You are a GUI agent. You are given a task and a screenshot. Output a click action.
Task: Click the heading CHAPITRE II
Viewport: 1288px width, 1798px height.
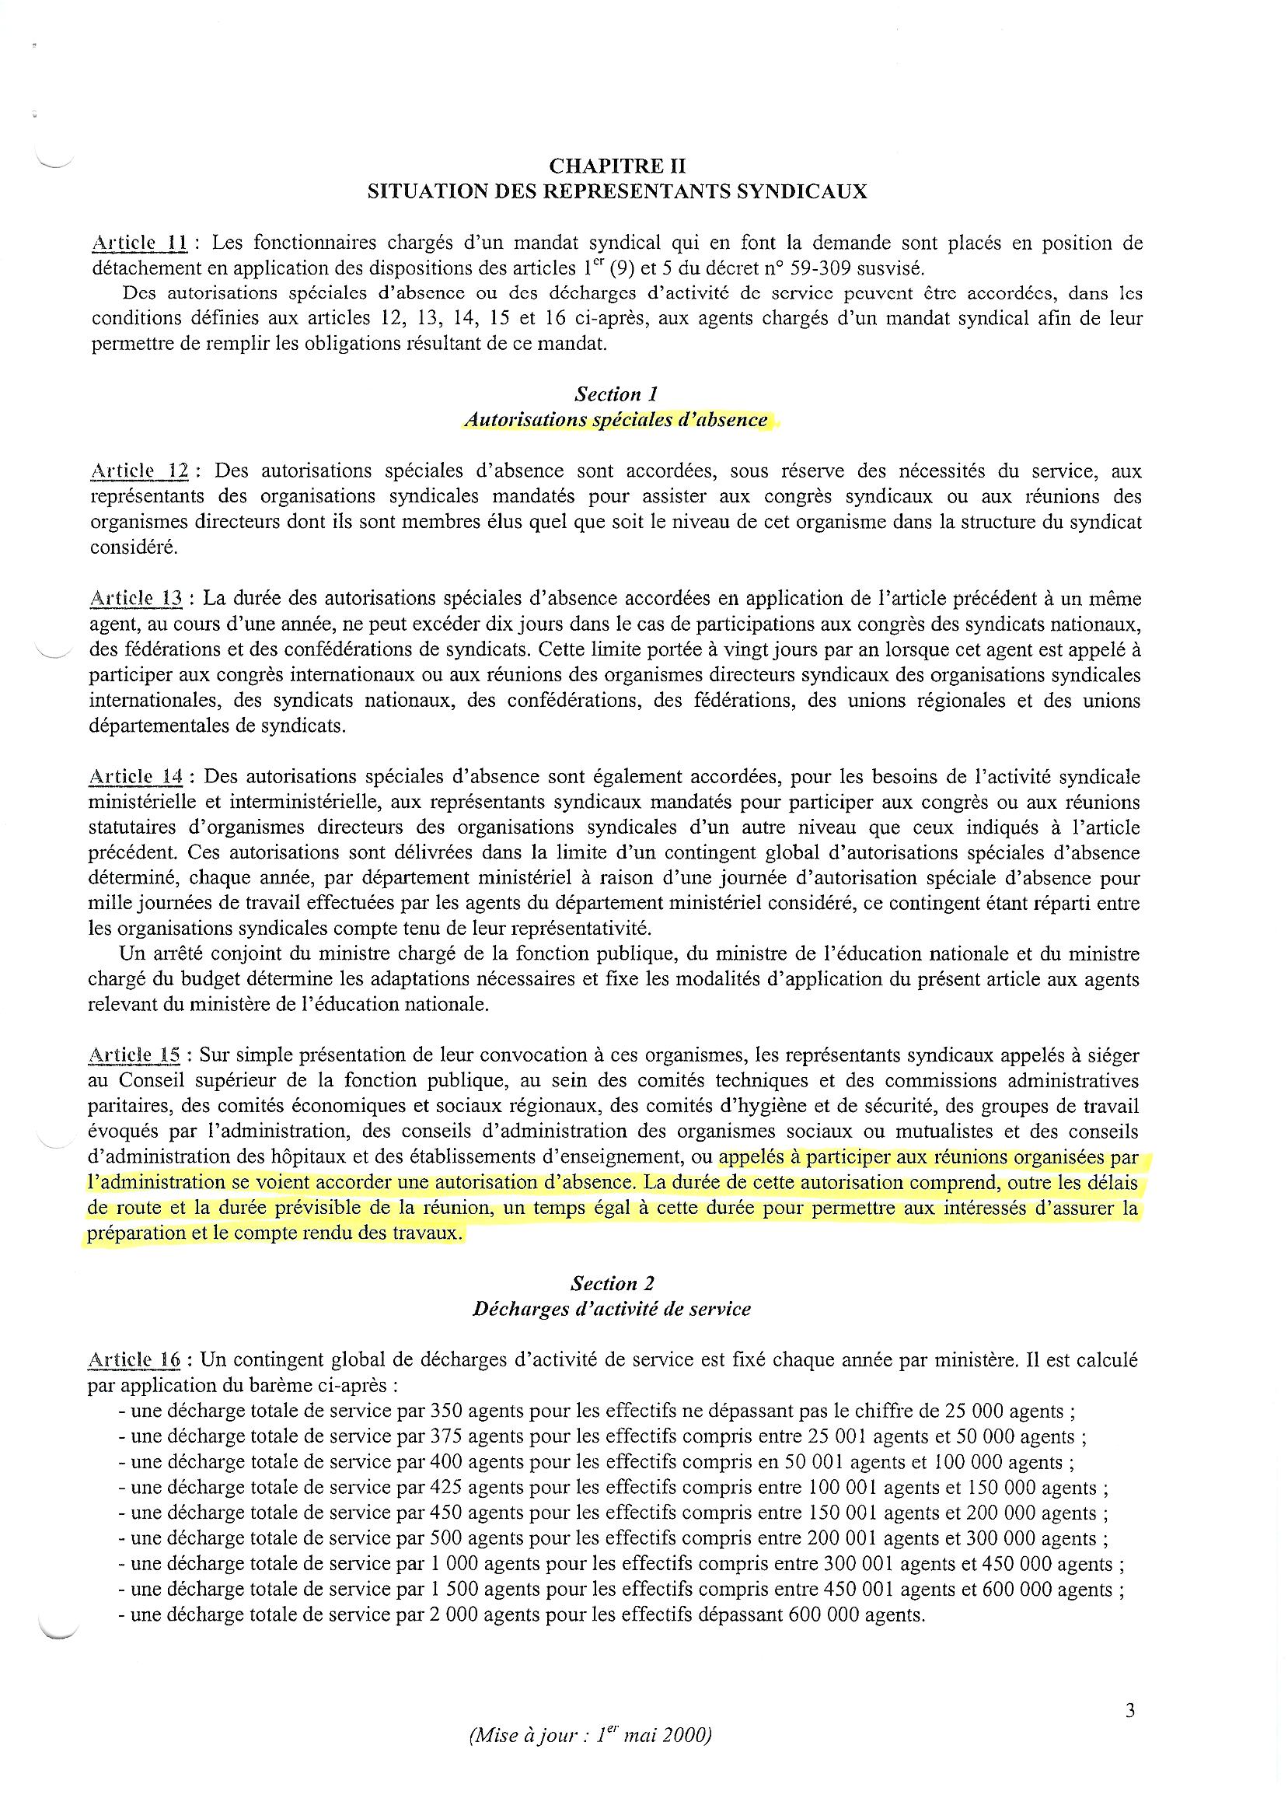pos(616,166)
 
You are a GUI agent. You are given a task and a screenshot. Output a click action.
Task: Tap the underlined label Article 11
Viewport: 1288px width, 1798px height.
pos(139,243)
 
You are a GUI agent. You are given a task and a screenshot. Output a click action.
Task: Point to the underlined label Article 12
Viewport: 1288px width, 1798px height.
pos(139,471)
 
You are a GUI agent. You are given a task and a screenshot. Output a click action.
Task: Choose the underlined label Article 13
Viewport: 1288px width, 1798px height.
pos(136,599)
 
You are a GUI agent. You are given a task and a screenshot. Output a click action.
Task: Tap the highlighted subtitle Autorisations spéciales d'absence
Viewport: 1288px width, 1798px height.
pos(616,420)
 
